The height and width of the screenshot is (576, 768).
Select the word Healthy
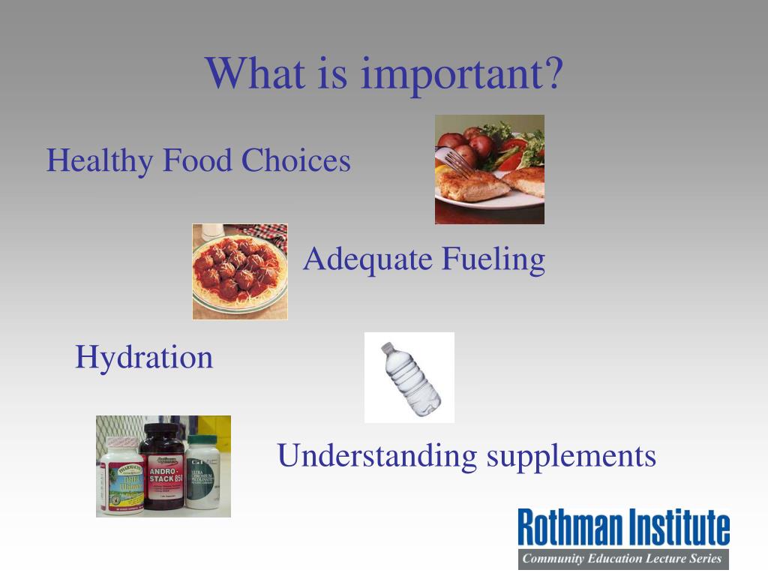pos(100,160)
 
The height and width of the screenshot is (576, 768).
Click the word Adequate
pos(367,260)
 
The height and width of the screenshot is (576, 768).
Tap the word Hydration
pos(144,357)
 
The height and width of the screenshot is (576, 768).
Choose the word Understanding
pos(376,456)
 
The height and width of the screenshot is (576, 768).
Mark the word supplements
pos(571,456)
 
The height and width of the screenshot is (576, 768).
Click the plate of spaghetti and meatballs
pos(239,271)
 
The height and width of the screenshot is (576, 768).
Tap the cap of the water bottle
pos(387,348)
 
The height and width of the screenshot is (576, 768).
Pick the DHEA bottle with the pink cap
pos(121,477)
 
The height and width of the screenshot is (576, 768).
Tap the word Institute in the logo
pos(678,528)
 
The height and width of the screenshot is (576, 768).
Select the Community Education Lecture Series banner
pos(622,559)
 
